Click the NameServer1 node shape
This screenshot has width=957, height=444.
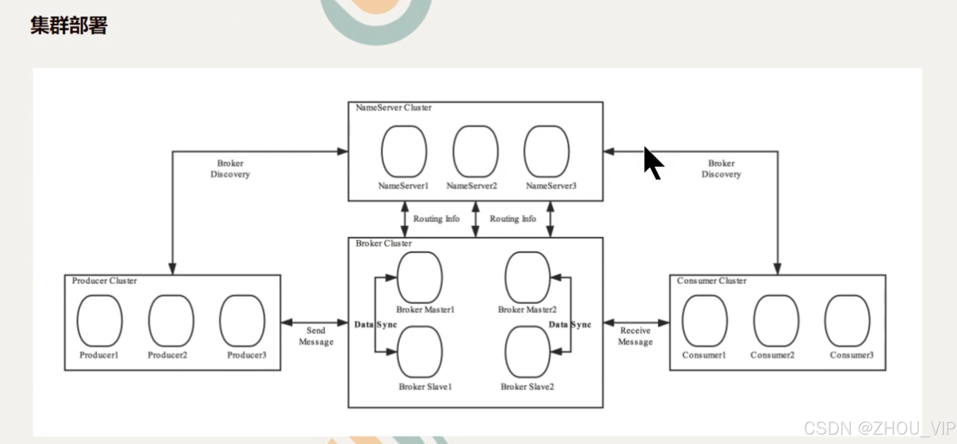click(x=404, y=151)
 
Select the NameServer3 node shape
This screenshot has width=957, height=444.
click(x=547, y=151)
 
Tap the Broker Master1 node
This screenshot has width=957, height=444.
click(x=420, y=277)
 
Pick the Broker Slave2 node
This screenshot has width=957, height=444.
click(x=527, y=352)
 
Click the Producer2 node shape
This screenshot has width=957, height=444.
click(x=171, y=321)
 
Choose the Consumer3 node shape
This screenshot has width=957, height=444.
click(x=847, y=321)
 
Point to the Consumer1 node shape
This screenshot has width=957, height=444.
click(x=705, y=321)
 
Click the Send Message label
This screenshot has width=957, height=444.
click(x=316, y=336)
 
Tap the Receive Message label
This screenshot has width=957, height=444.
click(x=635, y=336)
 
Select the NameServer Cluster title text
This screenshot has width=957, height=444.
click(x=393, y=108)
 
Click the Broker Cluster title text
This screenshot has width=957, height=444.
click(x=384, y=243)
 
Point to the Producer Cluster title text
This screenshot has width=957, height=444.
click(x=104, y=281)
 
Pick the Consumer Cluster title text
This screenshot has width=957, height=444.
click(x=711, y=281)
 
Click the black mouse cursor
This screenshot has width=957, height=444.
click(x=652, y=162)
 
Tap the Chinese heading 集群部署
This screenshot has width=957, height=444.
click(x=69, y=25)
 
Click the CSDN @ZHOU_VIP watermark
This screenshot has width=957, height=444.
click(x=879, y=428)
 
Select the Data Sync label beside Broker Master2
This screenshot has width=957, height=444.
click(x=569, y=325)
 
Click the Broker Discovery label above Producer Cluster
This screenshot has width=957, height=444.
click(x=230, y=169)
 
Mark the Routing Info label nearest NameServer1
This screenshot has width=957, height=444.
click(x=436, y=219)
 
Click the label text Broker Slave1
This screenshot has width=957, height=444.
click(x=425, y=387)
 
